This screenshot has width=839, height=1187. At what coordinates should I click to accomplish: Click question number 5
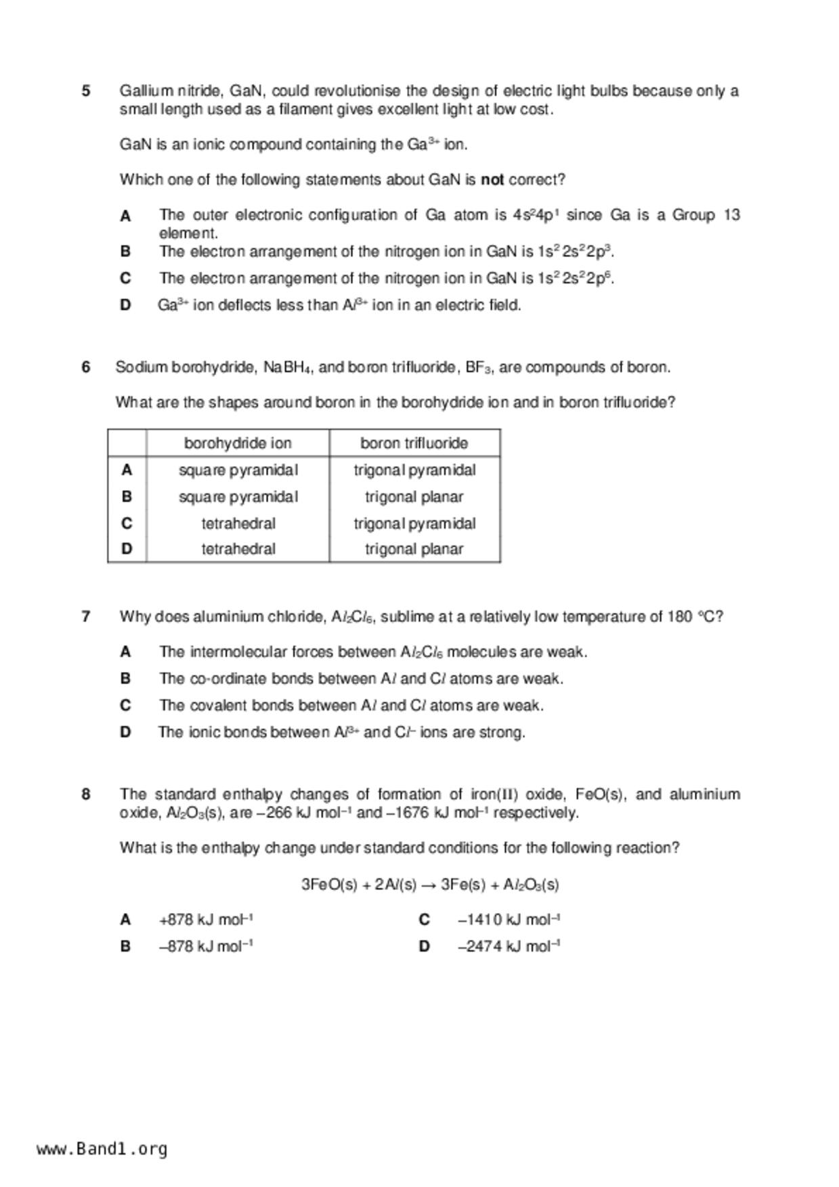click(86, 91)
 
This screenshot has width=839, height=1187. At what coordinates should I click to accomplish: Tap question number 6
click(86, 367)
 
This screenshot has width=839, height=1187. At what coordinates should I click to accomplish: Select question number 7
click(86, 617)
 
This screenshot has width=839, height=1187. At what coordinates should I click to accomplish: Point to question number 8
click(86, 794)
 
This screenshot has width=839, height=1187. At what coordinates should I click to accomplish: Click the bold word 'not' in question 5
click(492, 180)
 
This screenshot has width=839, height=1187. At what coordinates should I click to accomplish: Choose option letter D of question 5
click(125, 305)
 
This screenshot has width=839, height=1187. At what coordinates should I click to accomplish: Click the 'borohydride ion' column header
click(238, 443)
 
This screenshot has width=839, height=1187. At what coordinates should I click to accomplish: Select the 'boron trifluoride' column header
click(414, 443)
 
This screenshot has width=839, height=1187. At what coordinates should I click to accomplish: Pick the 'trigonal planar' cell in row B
click(414, 497)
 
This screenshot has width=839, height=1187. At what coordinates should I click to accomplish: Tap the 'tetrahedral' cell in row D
click(238, 549)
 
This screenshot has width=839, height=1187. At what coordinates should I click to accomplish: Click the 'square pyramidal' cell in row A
click(238, 470)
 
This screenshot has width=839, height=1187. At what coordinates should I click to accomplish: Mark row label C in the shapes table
click(127, 523)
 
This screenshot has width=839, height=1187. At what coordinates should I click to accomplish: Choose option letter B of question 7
click(125, 678)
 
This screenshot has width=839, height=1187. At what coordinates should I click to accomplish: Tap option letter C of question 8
click(425, 920)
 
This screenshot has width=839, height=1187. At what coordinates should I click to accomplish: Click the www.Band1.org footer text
click(102, 1149)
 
